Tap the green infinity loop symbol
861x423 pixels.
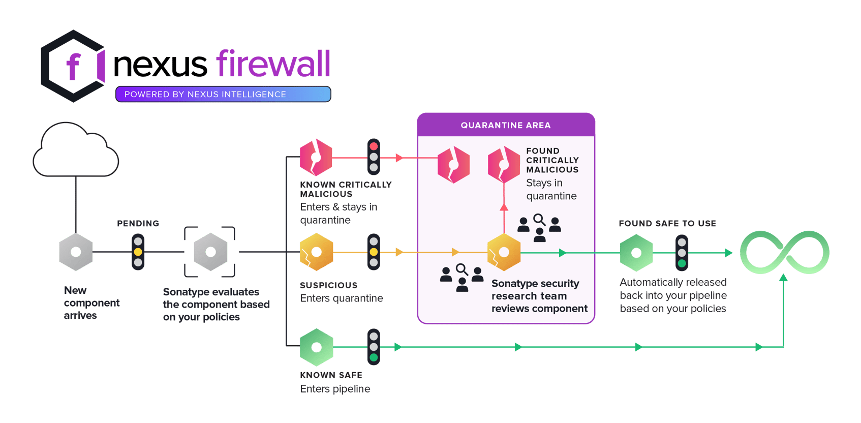[x=784, y=252]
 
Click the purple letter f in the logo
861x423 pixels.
[x=73, y=66]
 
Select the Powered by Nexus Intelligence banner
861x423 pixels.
[x=223, y=94]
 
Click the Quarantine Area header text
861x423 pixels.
[x=505, y=125]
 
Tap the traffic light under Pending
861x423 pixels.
[x=138, y=252]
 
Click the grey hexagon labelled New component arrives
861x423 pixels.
[x=76, y=252]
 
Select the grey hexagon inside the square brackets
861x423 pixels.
[x=210, y=252]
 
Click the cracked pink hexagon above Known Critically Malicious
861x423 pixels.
[x=316, y=158]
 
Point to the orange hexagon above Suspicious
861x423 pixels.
[x=316, y=252]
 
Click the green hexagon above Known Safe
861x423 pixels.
[x=316, y=347]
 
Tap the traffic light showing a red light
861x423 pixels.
[x=374, y=157]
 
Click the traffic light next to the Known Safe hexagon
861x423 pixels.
[x=374, y=347]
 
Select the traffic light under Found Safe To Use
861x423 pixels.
[x=682, y=252]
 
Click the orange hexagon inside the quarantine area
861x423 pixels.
[x=504, y=252]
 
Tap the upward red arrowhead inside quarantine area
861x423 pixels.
[x=504, y=207]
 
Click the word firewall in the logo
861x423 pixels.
[x=273, y=65]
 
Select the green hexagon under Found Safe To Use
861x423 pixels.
[x=636, y=252]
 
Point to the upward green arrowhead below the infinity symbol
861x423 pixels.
[x=783, y=278]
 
